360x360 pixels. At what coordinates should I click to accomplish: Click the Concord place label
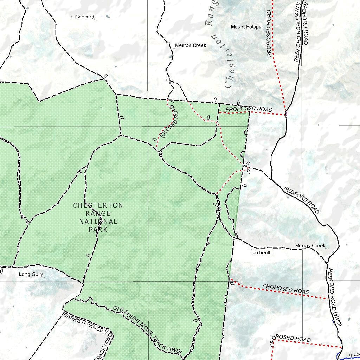(x=85, y=17)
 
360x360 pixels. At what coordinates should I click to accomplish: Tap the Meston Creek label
(x=191, y=45)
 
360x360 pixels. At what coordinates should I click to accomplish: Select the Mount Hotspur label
(x=247, y=27)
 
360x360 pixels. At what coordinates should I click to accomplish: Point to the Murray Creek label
(x=310, y=245)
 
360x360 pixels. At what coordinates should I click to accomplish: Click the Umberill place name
(x=261, y=252)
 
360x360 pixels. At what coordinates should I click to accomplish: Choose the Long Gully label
(x=31, y=274)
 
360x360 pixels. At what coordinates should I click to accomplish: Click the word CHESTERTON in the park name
(x=98, y=205)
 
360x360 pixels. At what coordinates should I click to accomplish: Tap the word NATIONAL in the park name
(x=98, y=221)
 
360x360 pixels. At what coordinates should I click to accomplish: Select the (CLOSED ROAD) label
(x=170, y=121)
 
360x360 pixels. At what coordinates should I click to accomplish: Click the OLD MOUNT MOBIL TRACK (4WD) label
(x=147, y=330)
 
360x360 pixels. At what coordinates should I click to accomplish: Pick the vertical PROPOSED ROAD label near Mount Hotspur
(x=270, y=33)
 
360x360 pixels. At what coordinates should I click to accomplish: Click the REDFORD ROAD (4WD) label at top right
(x=297, y=32)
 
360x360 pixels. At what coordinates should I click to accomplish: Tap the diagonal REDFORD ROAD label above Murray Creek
(x=302, y=200)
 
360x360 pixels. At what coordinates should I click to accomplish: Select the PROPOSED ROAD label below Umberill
(x=285, y=289)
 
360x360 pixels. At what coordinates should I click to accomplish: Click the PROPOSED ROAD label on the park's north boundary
(x=249, y=109)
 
